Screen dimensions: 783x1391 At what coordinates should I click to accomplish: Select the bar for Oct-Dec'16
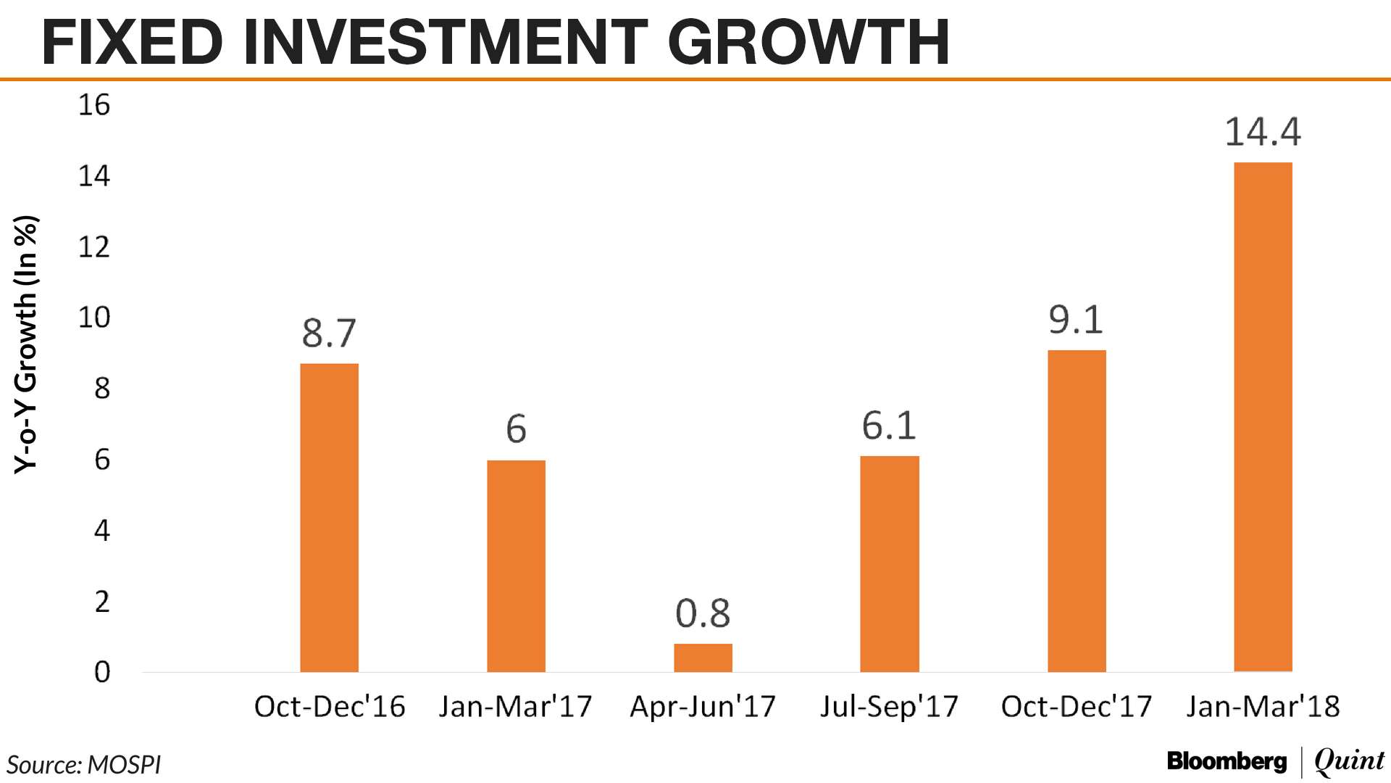(329, 518)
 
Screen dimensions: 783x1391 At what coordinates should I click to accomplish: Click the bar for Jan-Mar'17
(516, 565)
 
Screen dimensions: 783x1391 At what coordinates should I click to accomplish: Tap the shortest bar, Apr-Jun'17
(703, 658)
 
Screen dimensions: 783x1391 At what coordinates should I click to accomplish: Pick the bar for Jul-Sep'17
(889, 564)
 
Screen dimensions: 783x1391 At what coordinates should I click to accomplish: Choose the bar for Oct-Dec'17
(1077, 511)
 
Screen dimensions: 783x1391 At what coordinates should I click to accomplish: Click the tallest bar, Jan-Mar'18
(1263, 417)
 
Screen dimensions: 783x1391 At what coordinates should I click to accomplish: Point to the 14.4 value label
(1263, 133)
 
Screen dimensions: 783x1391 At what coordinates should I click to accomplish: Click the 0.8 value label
(703, 614)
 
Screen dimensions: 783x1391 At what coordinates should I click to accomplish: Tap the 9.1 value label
(1076, 320)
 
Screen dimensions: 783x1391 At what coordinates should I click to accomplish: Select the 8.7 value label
(329, 333)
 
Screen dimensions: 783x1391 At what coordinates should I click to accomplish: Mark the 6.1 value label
(889, 426)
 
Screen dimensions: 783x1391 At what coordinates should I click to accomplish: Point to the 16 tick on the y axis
(94, 106)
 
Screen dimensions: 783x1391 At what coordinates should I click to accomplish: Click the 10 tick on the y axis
(94, 318)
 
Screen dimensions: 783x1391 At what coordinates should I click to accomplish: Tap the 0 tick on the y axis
(102, 672)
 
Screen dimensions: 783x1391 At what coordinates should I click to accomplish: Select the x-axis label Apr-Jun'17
(703, 706)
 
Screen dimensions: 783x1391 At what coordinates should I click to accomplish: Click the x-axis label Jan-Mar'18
(1263, 706)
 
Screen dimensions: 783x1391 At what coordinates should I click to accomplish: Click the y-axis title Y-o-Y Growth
(25, 344)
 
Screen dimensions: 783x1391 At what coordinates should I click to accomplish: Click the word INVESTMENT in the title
(445, 42)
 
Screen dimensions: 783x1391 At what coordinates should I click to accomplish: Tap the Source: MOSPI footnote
(84, 765)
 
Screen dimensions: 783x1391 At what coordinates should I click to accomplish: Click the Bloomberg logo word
(1227, 761)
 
